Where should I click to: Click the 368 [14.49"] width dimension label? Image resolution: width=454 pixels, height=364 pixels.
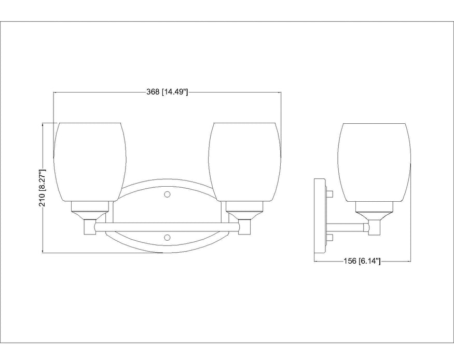tap(167, 92)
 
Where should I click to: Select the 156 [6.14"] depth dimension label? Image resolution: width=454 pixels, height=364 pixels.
tap(363, 262)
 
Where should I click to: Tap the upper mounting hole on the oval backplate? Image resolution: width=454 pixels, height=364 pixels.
tap(167, 194)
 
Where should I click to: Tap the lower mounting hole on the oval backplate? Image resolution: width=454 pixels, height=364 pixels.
tap(167, 237)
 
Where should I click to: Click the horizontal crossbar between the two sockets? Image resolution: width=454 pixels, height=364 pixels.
tap(167, 226)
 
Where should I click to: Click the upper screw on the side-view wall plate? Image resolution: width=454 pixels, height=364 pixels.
tap(329, 194)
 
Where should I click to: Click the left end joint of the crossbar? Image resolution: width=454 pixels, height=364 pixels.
tap(89, 227)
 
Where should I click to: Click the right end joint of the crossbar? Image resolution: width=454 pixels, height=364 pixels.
tap(244, 227)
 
